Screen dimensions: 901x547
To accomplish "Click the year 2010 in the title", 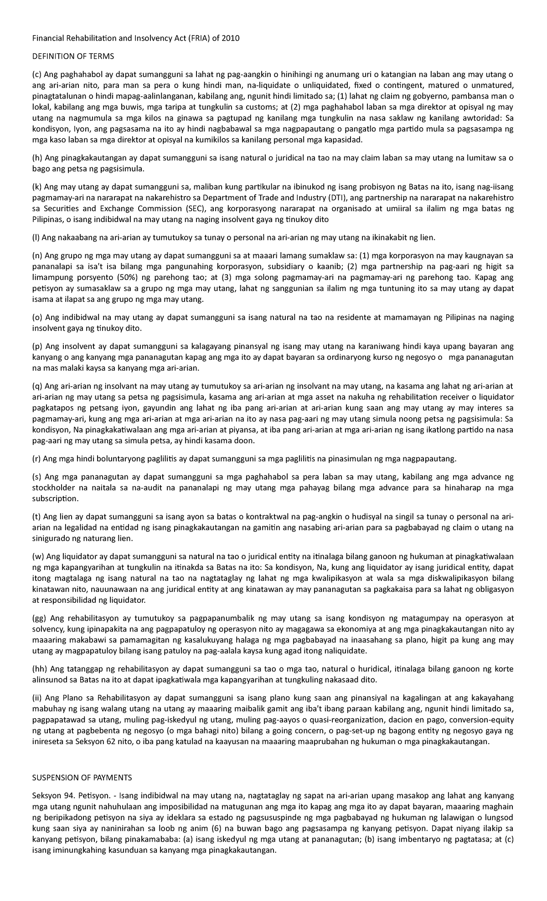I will (x=231, y=38).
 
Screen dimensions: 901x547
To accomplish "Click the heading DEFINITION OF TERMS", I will (x=73, y=57).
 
